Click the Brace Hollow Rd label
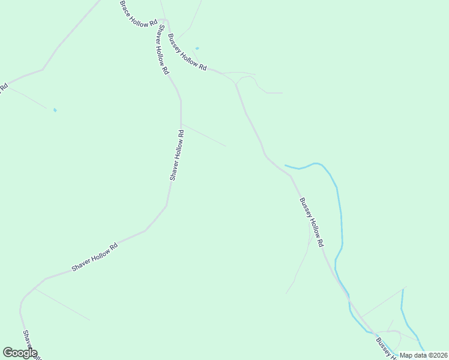coord(139,13)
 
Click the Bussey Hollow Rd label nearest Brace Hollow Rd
coord(187,53)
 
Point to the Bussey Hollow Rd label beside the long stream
coord(312,222)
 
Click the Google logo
coord(20,353)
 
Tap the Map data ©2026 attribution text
coord(424,355)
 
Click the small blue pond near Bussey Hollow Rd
coord(197,49)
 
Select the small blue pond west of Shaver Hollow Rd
coord(55,110)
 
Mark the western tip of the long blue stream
coord(286,165)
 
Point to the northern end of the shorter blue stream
coord(403,290)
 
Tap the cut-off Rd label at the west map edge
coord(4,88)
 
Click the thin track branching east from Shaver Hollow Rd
coord(204,135)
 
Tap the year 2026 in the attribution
coord(440,355)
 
